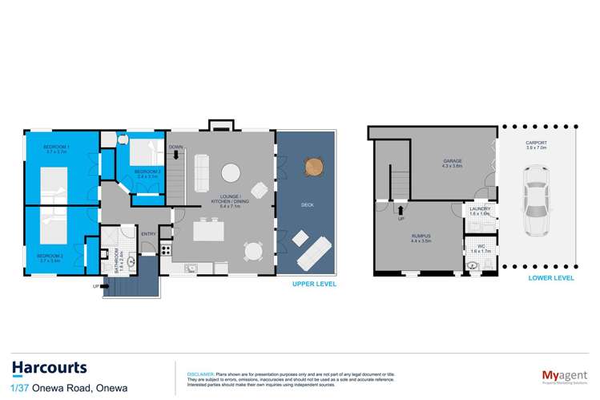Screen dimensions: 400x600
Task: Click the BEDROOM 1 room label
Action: coord(56,148)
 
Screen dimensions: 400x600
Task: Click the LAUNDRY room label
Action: coord(480,209)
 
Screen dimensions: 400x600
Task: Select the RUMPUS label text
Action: coord(421,234)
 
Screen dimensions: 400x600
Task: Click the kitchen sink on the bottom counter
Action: coord(191,269)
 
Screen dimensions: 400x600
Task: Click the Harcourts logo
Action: coord(50,367)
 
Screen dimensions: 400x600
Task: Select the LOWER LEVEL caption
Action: coord(551,278)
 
